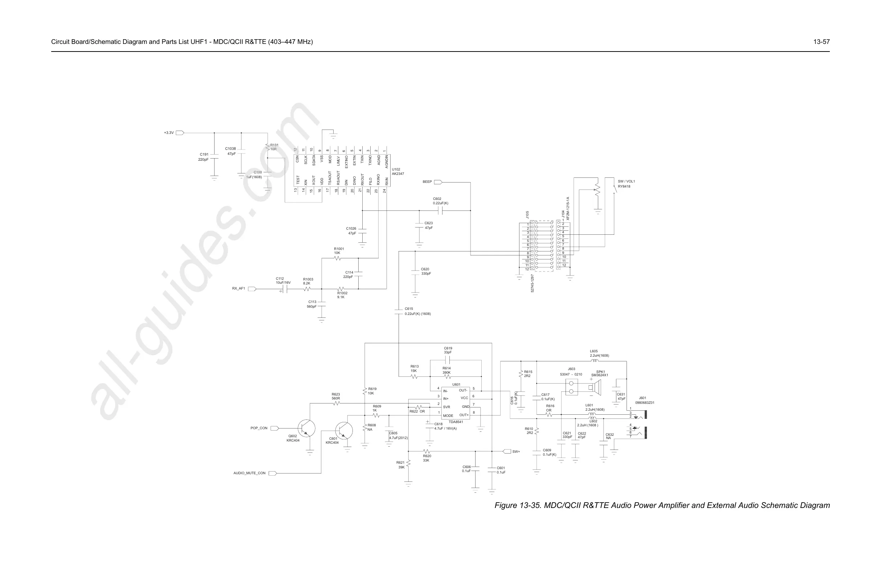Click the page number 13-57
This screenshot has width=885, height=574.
point(821,42)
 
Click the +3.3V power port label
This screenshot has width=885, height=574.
point(169,133)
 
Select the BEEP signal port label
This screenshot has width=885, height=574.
point(427,182)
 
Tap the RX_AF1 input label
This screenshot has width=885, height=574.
point(239,288)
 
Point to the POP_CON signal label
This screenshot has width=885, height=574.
point(259,428)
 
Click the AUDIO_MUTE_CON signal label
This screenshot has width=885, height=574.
point(249,473)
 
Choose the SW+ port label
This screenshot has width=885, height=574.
point(516,452)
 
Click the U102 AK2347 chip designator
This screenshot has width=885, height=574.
point(397,172)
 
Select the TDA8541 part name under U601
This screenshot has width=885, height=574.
point(456,422)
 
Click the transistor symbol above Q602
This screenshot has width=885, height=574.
point(306,428)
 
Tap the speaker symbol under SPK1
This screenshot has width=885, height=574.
point(596,388)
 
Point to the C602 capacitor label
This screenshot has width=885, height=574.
point(437,199)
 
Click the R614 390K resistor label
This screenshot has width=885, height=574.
point(446,370)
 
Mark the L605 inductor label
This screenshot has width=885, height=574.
point(594,351)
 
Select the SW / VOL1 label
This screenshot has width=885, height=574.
point(626,181)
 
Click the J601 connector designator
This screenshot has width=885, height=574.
point(643,398)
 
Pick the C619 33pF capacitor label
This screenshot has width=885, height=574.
point(448,350)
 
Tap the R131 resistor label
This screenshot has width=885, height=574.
point(274,147)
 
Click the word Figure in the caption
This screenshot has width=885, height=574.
point(506,505)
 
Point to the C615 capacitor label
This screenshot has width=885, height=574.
point(409,308)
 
